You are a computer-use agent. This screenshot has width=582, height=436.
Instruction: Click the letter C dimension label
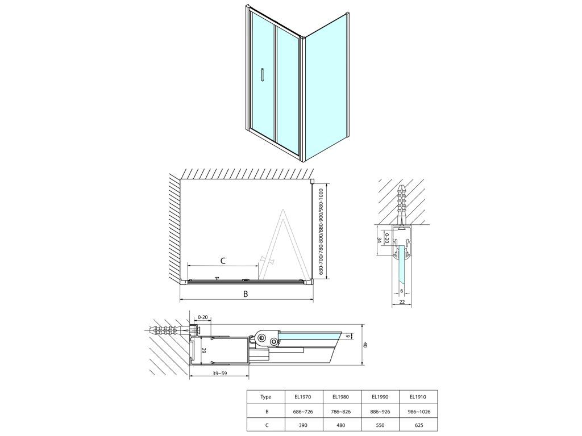tap(223, 261)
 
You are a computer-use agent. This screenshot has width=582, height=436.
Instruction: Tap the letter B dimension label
tap(246, 294)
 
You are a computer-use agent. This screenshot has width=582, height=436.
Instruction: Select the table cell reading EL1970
tap(304, 397)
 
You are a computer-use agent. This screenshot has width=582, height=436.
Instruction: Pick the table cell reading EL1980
tap(342, 397)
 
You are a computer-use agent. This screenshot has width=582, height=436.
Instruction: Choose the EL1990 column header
tap(380, 397)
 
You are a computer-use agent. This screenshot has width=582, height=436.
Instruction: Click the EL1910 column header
tap(418, 397)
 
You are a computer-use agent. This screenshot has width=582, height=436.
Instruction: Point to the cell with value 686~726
tap(304, 412)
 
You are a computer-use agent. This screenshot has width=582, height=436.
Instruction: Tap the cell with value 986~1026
tap(418, 412)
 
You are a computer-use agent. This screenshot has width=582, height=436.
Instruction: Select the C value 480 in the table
tap(342, 425)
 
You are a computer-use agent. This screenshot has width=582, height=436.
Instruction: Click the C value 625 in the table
tap(418, 425)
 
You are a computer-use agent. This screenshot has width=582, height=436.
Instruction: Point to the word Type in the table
tap(266, 397)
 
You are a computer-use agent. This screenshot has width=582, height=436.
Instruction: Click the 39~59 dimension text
tap(219, 374)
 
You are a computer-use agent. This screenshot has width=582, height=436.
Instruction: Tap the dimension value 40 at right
tap(365, 345)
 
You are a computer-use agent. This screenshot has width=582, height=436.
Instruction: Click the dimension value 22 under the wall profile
tap(402, 302)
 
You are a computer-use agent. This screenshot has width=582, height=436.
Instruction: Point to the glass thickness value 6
tap(402, 291)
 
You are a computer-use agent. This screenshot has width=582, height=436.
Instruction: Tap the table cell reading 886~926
tap(380, 412)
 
